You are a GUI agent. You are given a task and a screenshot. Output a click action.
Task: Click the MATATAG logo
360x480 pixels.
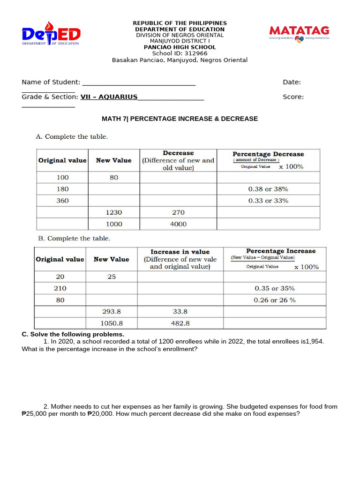(299, 33)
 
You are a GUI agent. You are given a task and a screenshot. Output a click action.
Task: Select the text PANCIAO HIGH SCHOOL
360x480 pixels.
(180, 47)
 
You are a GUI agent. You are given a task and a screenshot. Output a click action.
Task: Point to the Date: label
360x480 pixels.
(292, 82)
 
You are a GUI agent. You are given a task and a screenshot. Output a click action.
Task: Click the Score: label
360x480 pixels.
(293, 97)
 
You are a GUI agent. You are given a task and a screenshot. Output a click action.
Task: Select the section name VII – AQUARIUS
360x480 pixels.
(109, 97)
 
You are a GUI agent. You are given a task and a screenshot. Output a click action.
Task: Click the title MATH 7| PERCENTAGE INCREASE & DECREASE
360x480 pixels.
(180, 119)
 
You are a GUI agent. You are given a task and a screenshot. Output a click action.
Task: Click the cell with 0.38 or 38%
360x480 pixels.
(268, 189)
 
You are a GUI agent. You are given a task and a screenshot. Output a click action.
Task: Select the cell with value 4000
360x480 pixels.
(178, 224)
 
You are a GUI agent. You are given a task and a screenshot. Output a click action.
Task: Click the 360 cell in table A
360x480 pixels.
(62, 201)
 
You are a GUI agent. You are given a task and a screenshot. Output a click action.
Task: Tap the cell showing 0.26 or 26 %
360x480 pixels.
(275, 300)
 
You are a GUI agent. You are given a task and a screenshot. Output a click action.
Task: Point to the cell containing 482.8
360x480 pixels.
(180, 323)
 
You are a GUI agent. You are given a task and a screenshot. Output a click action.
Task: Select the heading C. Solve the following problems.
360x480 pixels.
(73, 334)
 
